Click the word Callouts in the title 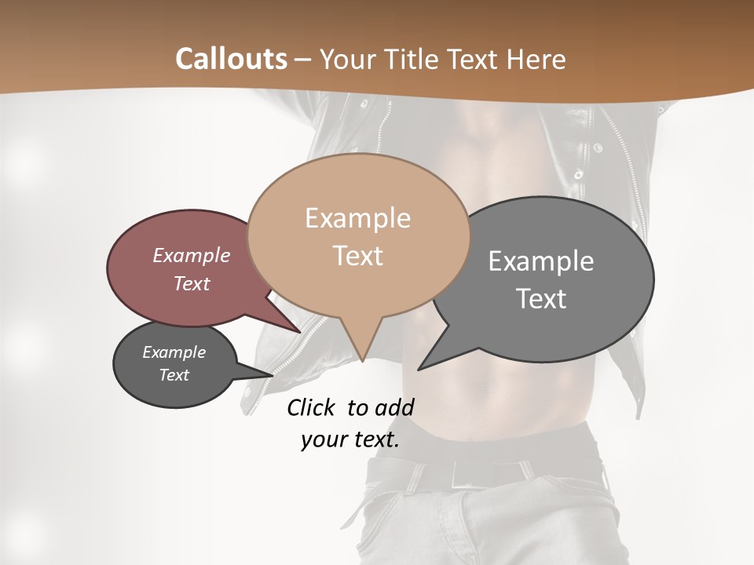coord(231,59)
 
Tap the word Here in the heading coord(536,59)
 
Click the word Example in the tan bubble coord(358,218)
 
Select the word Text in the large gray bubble coord(541,299)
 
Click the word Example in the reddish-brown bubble coord(192,256)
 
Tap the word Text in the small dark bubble coord(174,375)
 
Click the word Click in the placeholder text coord(312,407)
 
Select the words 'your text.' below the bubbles coord(350,439)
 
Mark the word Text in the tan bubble coord(358,256)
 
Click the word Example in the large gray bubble coord(541,261)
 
